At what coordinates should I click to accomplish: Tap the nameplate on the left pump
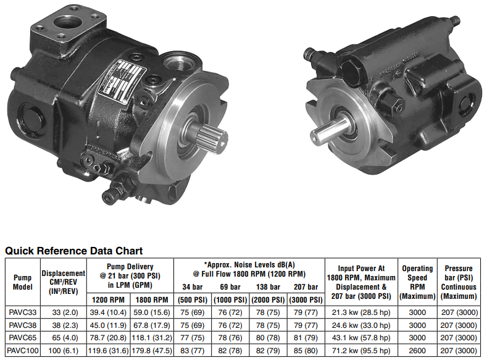pyautogui.click(x=122, y=78)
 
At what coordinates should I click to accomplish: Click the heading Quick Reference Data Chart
pyautogui.click(x=74, y=251)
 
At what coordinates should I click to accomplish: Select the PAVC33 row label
pyautogui.click(x=23, y=312)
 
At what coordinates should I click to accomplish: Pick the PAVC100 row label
pyautogui.click(x=23, y=351)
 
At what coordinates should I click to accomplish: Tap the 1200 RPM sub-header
pyautogui.click(x=108, y=299)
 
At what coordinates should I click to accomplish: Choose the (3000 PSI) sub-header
pyautogui.click(x=306, y=299)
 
